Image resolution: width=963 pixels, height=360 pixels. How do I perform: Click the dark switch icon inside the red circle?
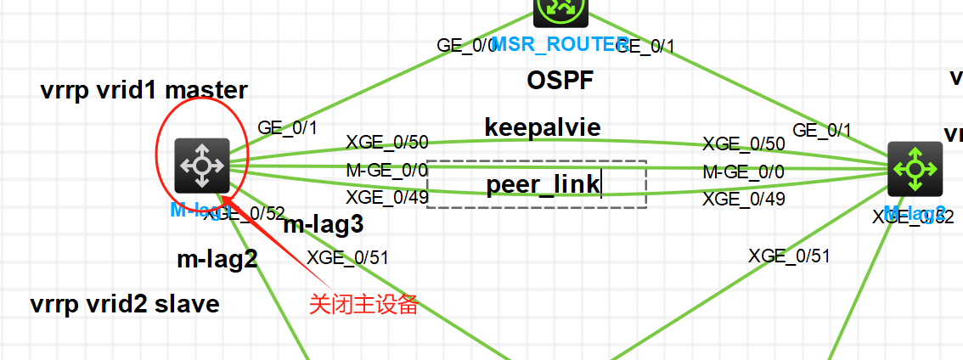tap(201, 164)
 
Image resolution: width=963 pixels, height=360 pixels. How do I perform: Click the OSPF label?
tap(560, 81)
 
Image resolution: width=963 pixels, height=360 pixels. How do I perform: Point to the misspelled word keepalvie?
tap(543, 127)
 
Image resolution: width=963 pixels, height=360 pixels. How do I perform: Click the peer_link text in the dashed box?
tap(543, 184)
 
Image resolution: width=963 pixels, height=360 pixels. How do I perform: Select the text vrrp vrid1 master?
tap(144, 90)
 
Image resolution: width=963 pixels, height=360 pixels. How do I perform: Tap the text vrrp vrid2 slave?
tap(125, 303)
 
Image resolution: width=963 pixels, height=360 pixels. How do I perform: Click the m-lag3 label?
tap(323, 225)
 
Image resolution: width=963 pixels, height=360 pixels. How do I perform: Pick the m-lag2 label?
tap(217, 259)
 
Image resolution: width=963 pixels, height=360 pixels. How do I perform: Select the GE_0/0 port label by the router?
tap(466, 45)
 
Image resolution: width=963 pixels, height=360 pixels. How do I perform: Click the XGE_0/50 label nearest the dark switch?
tap(386, 142)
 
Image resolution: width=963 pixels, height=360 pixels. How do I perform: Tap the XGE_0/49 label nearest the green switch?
tap(743, 200)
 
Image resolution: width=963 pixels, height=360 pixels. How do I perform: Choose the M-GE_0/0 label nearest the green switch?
tap(743, 172)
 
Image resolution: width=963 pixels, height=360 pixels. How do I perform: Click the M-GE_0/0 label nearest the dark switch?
tap(386, 170)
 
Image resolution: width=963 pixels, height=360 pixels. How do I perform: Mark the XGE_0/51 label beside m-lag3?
tap(347, 257)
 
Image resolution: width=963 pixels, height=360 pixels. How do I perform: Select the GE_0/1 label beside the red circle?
tap(287, 128)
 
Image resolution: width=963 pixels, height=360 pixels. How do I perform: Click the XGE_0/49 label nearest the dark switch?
tap(386, 198)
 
